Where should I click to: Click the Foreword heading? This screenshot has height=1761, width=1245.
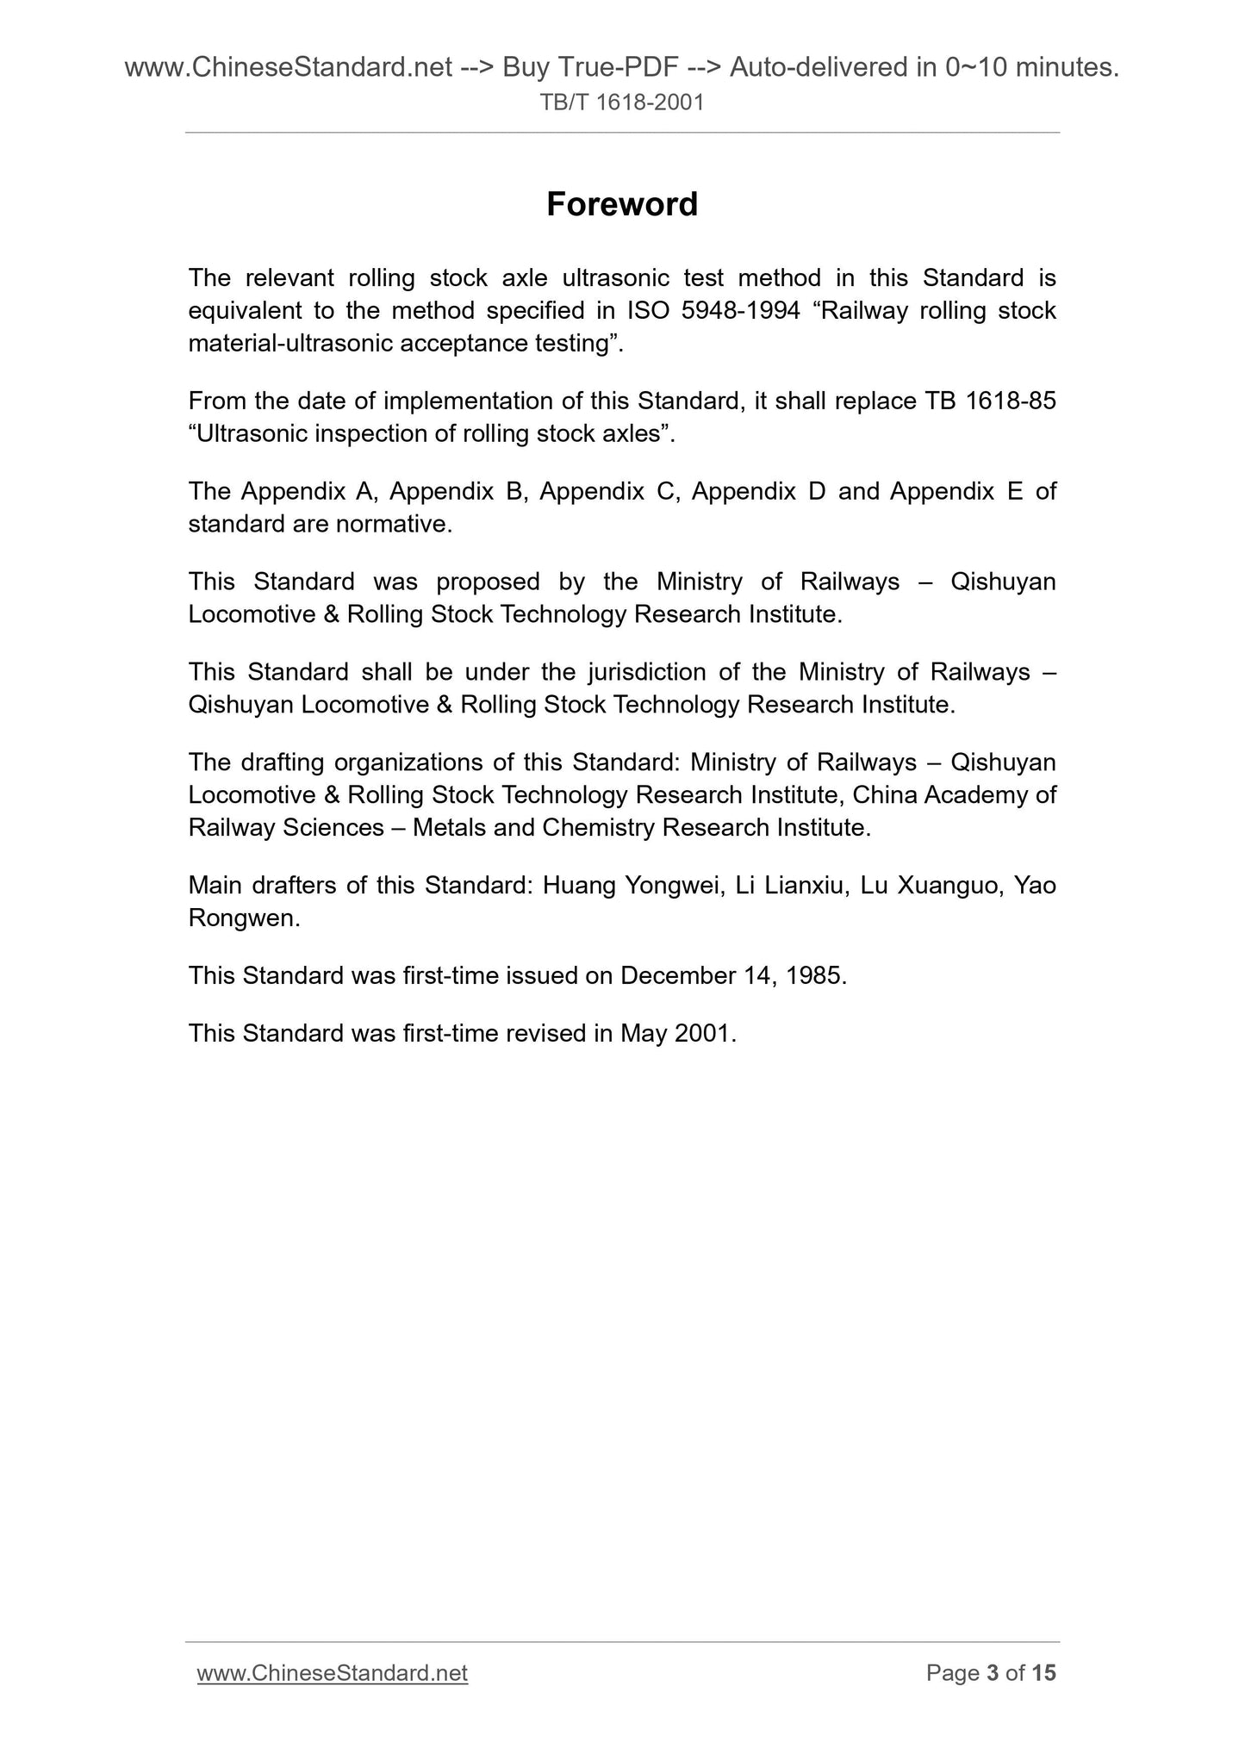(x=622, y=205)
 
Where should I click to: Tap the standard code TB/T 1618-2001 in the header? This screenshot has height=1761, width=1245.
(x=622, y=103)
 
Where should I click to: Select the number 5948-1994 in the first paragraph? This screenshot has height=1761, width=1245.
(x=740, y=311)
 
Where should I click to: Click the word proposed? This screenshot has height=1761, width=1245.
(x=488, y=582)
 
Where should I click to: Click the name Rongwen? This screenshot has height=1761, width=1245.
(x=244, y=919)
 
